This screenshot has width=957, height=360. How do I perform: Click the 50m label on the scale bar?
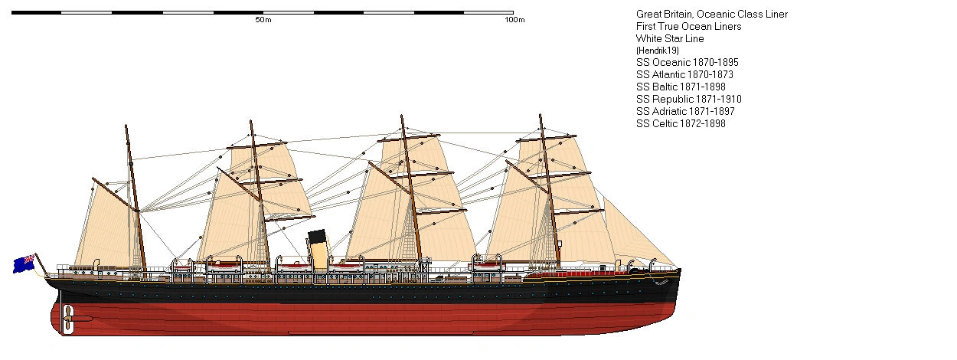coord(263,20)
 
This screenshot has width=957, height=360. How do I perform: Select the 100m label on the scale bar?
coord(514,20)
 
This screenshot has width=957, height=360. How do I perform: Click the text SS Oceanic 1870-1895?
coord(687,62)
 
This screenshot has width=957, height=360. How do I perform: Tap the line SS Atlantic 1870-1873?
coord(685,74)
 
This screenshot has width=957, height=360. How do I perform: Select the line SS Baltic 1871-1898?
coord(681,87)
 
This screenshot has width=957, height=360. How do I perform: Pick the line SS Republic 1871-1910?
coord(688,99)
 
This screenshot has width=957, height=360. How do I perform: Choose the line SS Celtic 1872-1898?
coord(681,123)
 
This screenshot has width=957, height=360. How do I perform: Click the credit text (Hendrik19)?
coord(658,51)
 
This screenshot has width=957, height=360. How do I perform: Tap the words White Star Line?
coord(670,38)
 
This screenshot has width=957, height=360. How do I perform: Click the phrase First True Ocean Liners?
coord(688,26)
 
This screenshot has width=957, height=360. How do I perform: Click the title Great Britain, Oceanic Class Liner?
coord(711,14)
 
